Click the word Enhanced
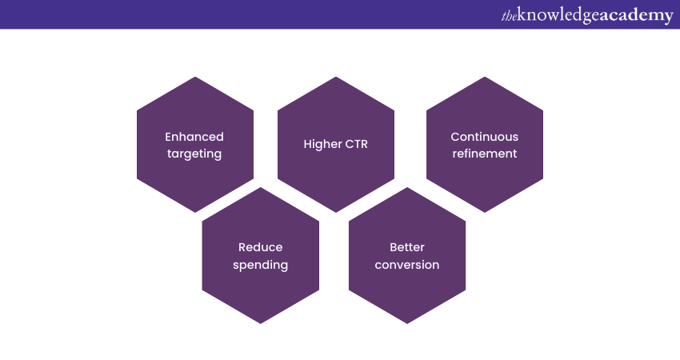pyautogui.click(x=194, y=137)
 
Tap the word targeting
pyautogui.click(x=194, y=154)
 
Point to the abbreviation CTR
pyautogui.click(x=357, y=145)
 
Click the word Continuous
pyautogui.click(x=485, y=137)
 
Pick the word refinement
pyautogui.click(x=485, y=154)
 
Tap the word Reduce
pyautogui.click(x=260, y=247)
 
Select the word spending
pyautogui.click(x=260, y=266)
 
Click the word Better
pyautogui.click(x=406, y=247)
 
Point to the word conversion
pyautogui.click(x=406, y=265)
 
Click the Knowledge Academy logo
pyautogui.click(x=587, y=15)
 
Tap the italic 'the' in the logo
pyautogui.click(x=509, y=17)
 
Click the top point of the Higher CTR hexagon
pyautogui.click(x=336, y=77)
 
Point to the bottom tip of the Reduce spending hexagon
pyautogui.click(x=261, y=323)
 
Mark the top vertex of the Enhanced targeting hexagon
pyautogui.click(x=195, y=77)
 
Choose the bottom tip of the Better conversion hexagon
pyautogui.click(x=407, y=323)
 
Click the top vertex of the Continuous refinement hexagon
pyautogui.click(x=485, y=77)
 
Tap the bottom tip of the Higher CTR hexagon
pyautogui.click(x=336, y=213)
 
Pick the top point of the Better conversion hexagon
pyautogui.click(x=407, y=187)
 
